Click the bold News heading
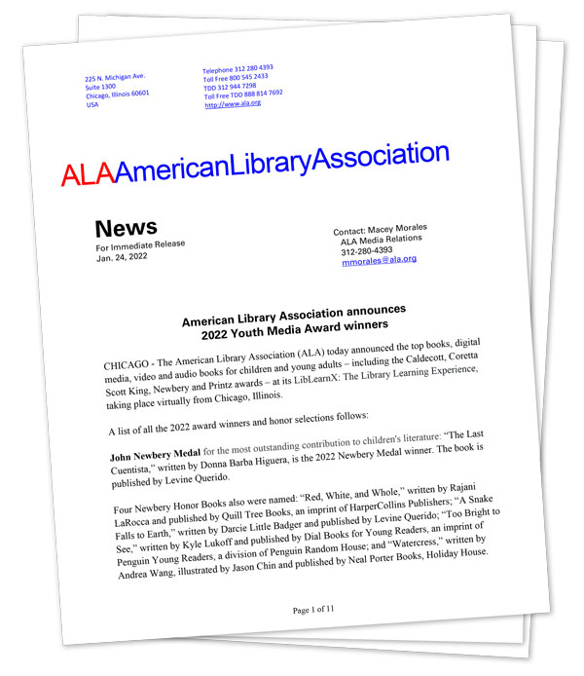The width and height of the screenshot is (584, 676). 126,229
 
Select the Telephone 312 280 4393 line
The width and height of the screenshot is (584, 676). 237,69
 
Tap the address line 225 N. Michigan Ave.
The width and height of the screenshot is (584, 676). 116,77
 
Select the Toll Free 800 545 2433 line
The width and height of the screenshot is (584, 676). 236,77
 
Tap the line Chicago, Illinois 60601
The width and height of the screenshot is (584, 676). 118,94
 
